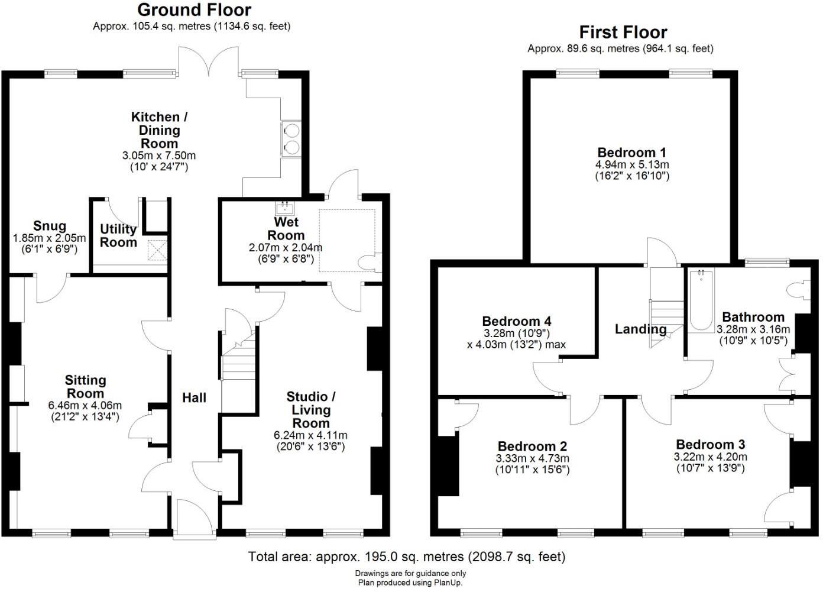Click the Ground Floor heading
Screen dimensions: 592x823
tap(194, 10)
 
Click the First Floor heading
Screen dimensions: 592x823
tap(623, 32)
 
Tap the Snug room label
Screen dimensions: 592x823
tap(50, 226)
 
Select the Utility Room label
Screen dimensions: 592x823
tap(118, 235)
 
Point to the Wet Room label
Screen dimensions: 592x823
tap(286, 228)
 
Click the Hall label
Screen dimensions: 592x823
tap(194, 398)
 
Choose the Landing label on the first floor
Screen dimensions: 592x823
tap(640, 329)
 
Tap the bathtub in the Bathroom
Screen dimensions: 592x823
tap(701, 300)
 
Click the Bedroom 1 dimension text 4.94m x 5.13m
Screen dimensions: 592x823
tap(632, 164)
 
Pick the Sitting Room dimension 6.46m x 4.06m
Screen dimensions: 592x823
tap(85, 406)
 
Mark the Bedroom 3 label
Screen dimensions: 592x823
tap(710, 444)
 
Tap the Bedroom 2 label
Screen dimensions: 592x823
tap(532, 446)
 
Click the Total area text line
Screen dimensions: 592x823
tap(407, 557)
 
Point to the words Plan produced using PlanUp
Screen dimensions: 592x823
tap(410, 583)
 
